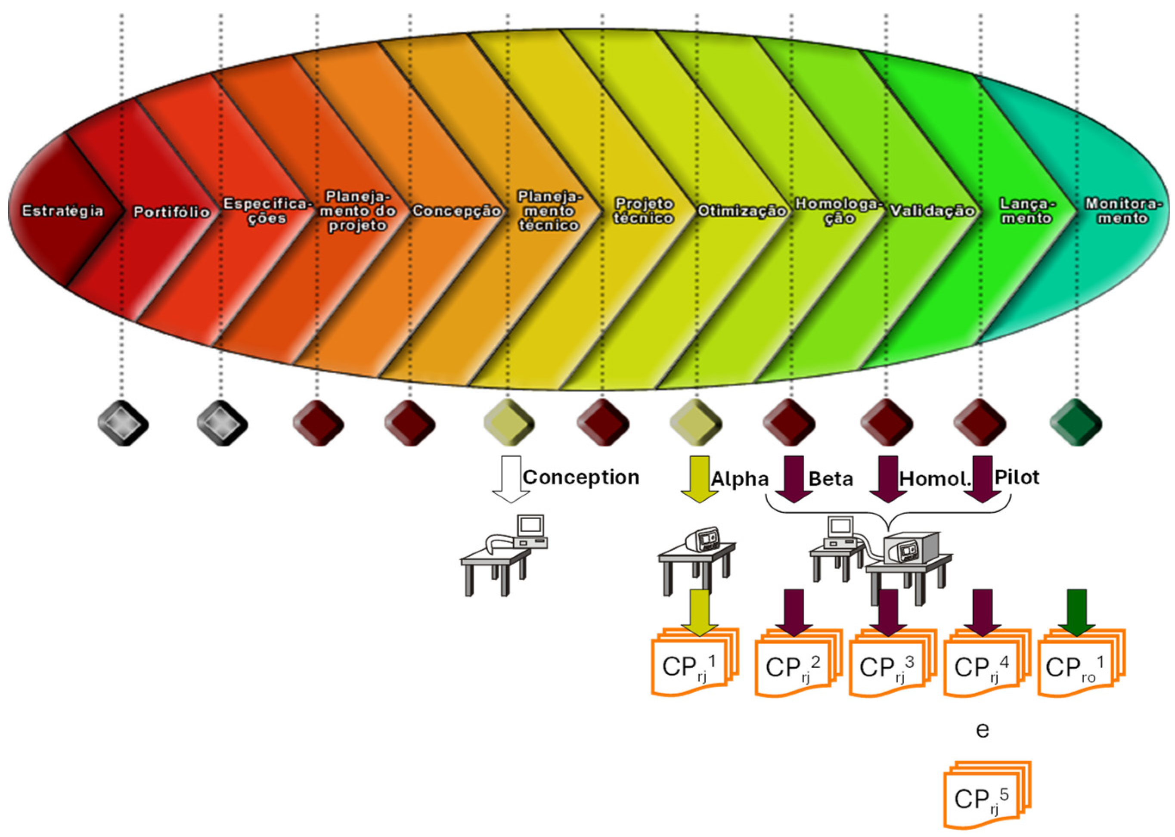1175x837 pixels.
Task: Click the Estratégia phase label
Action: (x=62, y=211)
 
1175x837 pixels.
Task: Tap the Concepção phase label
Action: (x=456, y=211)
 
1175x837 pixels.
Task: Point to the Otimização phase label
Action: (x=741, y=211)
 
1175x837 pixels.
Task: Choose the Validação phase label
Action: (x=932, y=211)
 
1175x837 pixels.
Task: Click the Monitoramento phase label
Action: (x=1123, y=211)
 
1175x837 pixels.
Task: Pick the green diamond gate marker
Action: (x=1076, y=423)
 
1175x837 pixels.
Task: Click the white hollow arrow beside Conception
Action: (x=511, y=478)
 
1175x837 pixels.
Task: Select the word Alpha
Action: (x=740, y=479)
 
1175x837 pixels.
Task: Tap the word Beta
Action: (x=830, y=479)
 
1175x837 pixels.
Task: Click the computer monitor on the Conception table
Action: (x=530, y=525)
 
